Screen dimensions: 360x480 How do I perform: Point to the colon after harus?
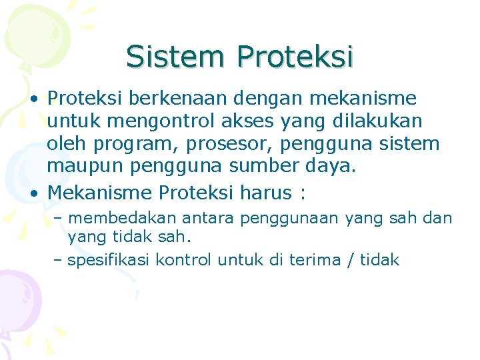pos(304,194)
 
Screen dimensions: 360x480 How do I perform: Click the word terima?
pos(314,260)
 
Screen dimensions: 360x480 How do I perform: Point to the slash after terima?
pos(351,260)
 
